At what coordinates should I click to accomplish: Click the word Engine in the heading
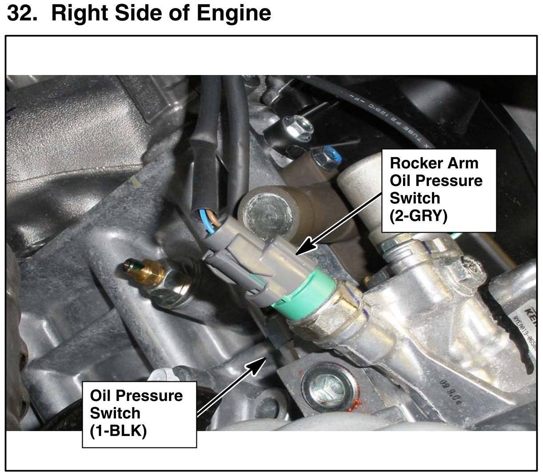click(x=234, y=13)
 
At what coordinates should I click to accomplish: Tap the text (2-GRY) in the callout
click(x=418, y=216)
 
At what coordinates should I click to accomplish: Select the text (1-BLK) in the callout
click(x=118, y=431)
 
